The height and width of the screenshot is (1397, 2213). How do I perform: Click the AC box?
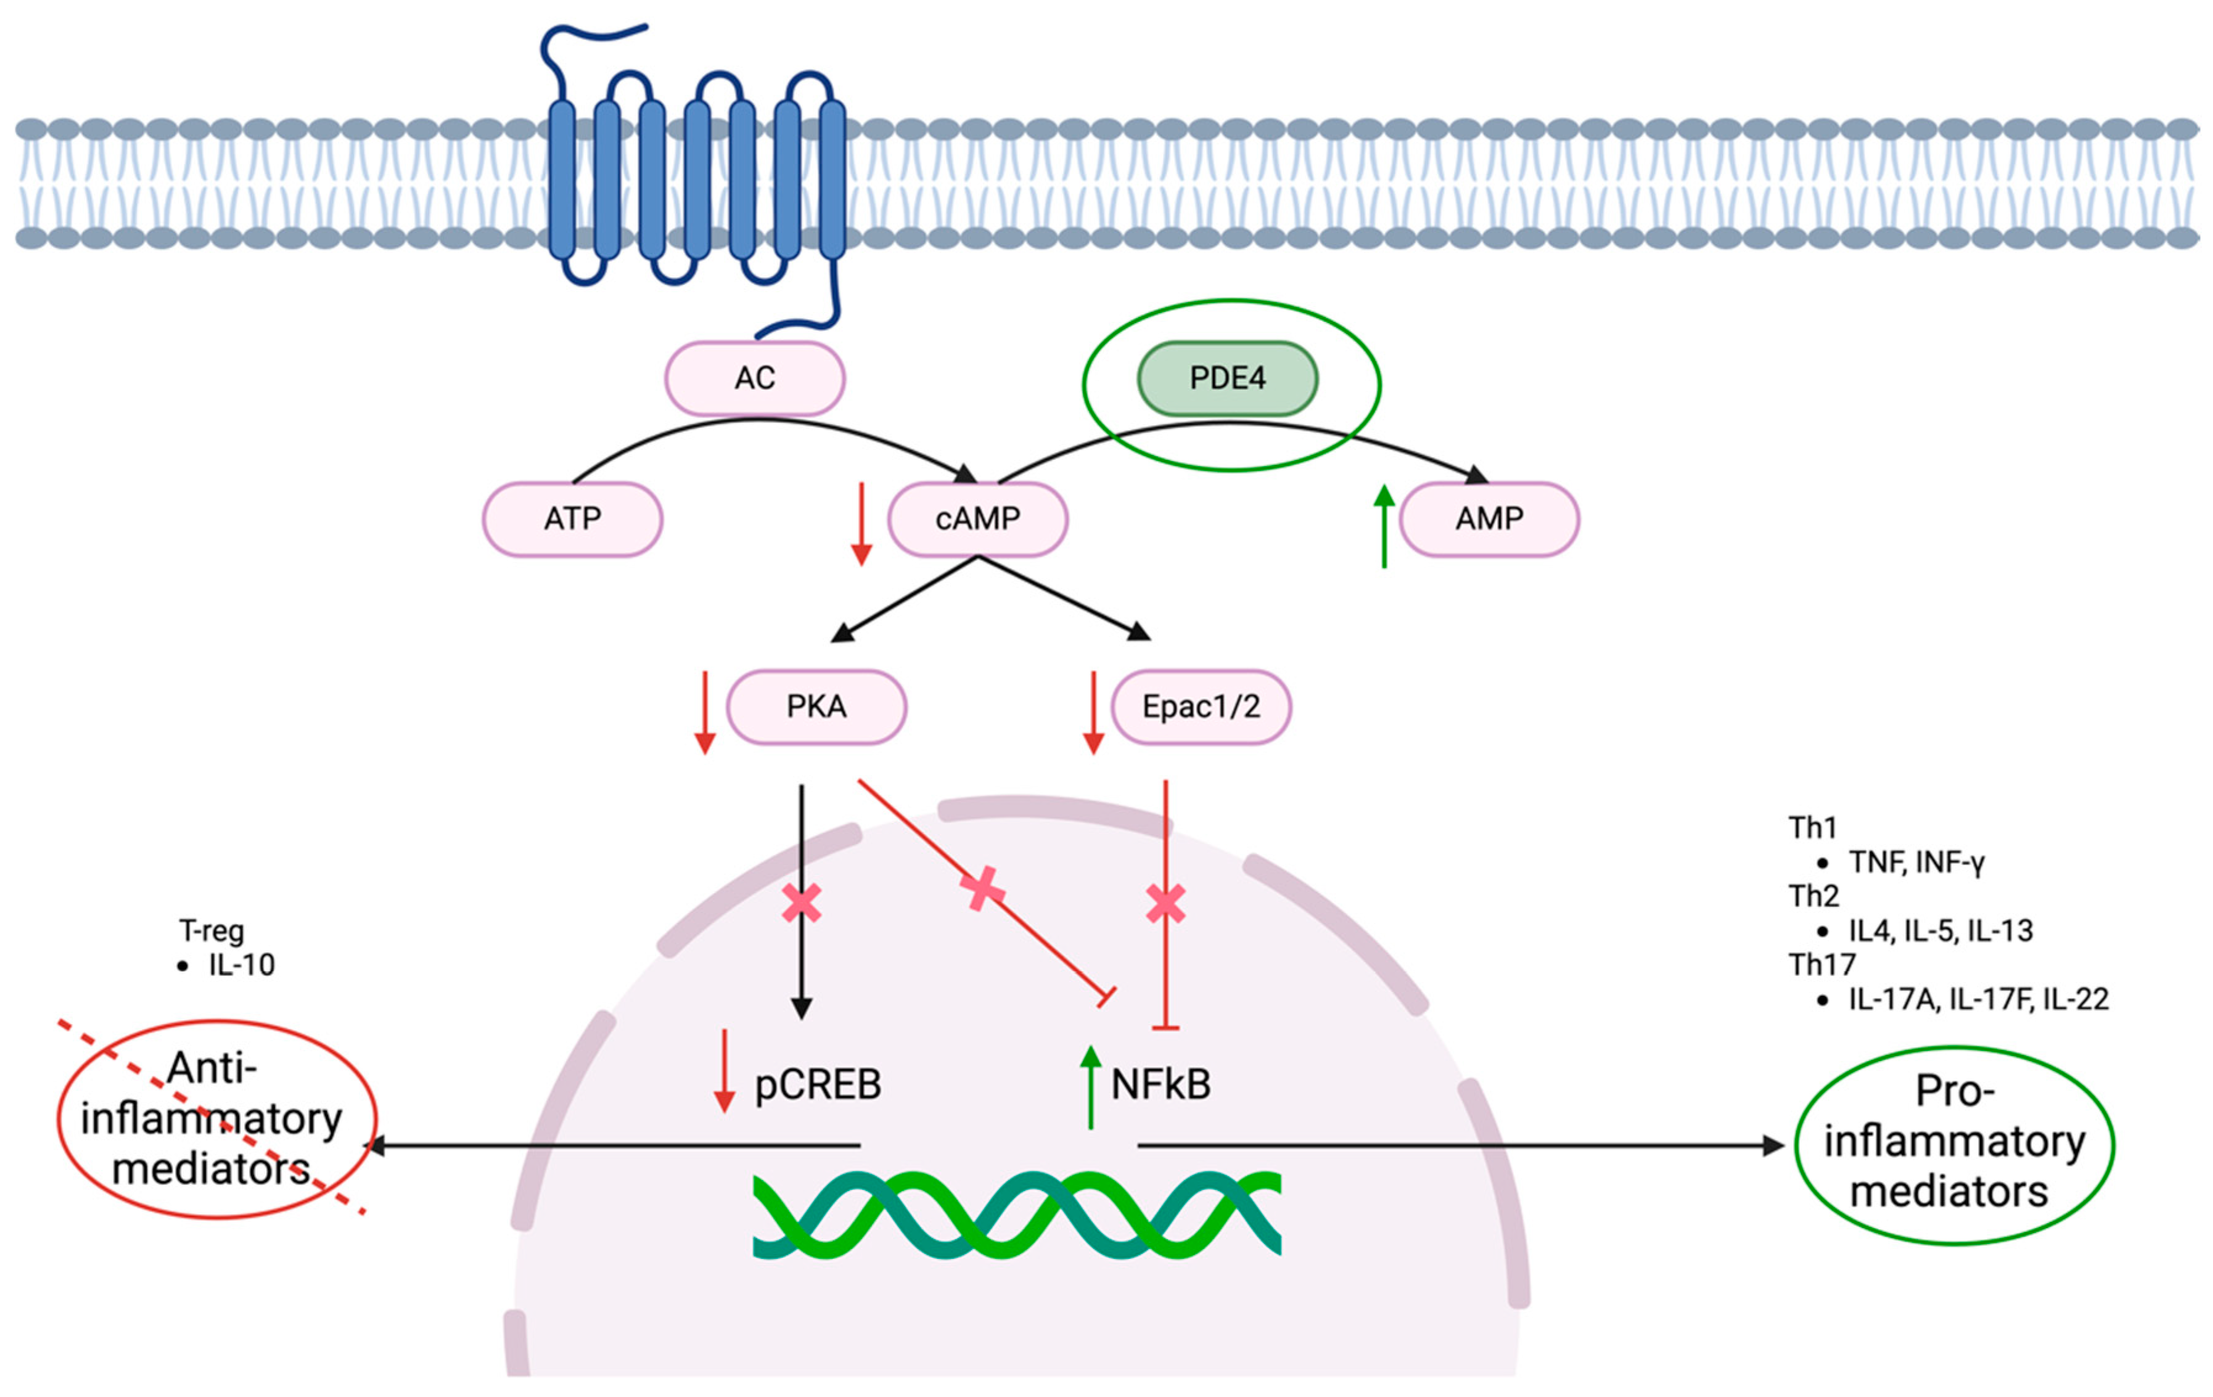[755, 379]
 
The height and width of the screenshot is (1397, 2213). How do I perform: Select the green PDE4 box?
[1227, 379]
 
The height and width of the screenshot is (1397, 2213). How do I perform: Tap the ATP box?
[573, 519]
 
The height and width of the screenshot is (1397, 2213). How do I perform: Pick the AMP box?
[1489, 519]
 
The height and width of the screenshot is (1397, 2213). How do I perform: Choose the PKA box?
[816, 707]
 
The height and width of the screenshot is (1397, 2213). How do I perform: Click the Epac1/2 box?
[1201, 707]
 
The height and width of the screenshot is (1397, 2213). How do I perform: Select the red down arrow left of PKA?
[705, 712]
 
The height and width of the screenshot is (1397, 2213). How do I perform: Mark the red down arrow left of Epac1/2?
[1093, 712]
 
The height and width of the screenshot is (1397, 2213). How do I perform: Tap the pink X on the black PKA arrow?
[802, 903]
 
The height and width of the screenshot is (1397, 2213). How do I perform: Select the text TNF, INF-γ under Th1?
[1916, 862]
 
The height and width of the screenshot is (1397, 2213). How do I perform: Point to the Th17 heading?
[1821, 965]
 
